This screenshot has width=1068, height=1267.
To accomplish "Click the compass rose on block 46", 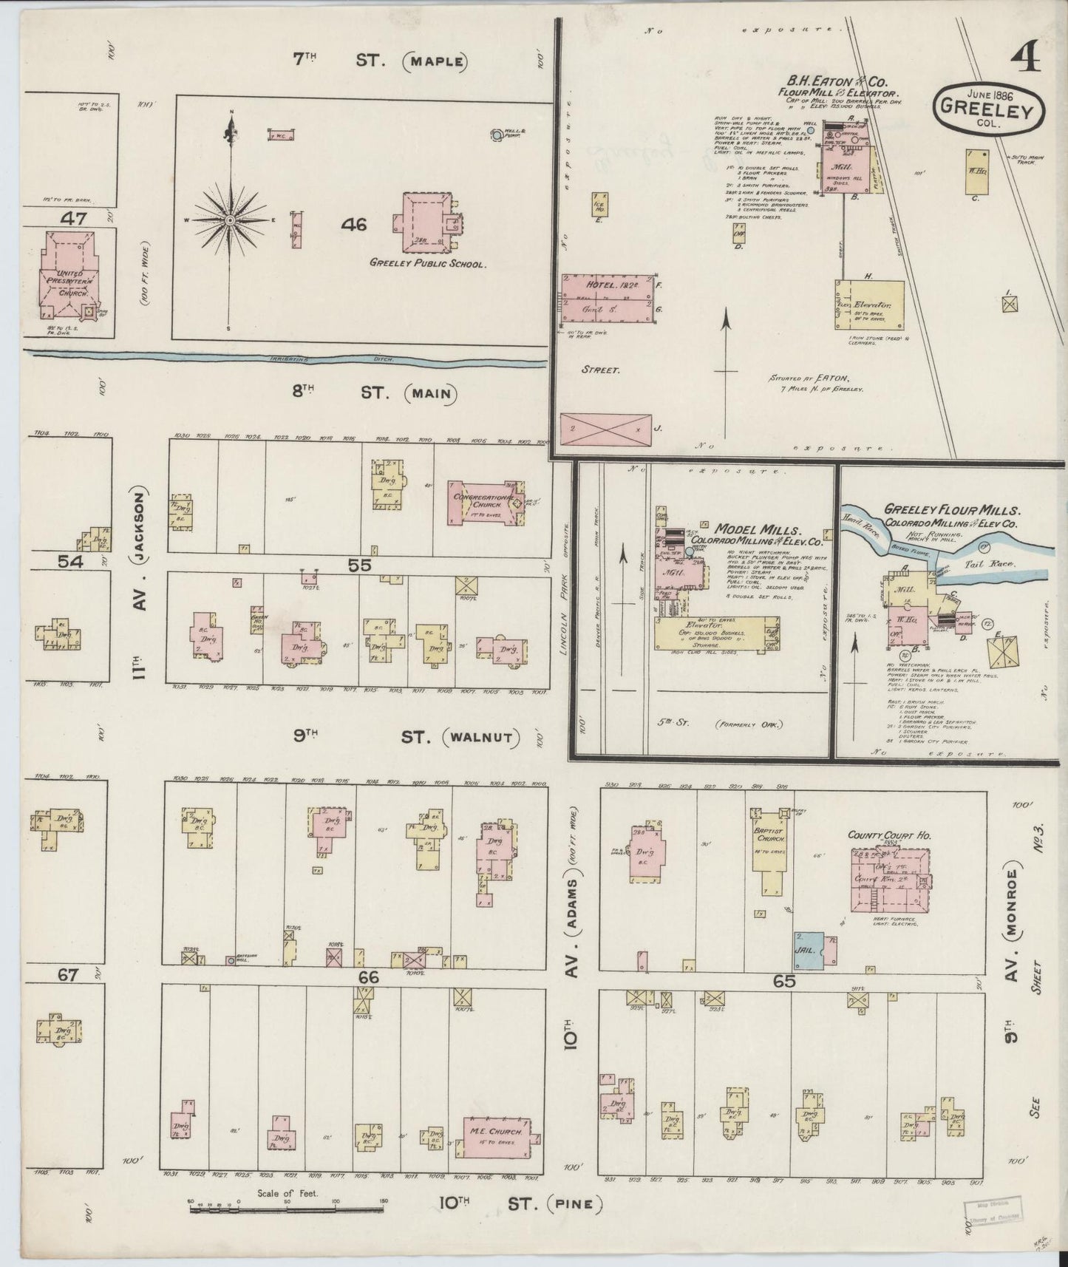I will [231, 220].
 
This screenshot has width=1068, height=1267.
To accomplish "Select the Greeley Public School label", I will [428, 262].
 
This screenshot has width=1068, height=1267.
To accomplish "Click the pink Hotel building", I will [608, 296].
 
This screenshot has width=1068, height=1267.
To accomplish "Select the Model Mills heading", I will [757, 529].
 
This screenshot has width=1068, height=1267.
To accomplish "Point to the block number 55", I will [359, 565].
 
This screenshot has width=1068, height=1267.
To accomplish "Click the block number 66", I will [369, 977].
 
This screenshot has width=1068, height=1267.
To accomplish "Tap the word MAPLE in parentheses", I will [435, 61].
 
